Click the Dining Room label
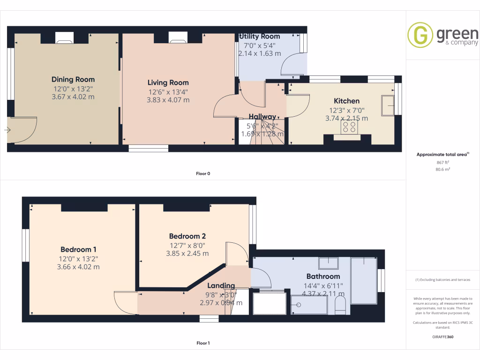coord(73,79)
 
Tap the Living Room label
coord(168,82)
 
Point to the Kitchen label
coord(346,101)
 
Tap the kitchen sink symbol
coord(388,105)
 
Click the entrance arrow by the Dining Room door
coord(7,130)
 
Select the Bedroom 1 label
coord(78,249)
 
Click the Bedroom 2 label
coord(187,236)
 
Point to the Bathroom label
coord(323,276)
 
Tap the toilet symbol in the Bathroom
coord(341,305)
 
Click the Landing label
coord(221,285)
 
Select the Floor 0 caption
coord(202,173)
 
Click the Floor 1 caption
coord(202,343)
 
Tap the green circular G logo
coord(420,35)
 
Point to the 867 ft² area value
coord(443,162)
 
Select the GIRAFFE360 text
coord(443,337)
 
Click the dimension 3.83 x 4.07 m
coord(168,100)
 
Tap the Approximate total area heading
coord(443,154)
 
